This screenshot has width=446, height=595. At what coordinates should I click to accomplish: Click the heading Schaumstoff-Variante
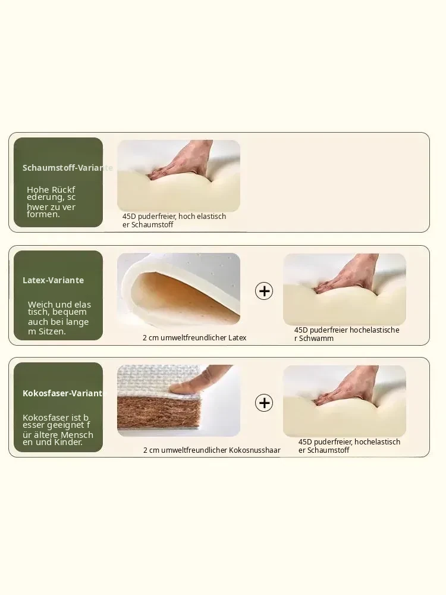point(68,168)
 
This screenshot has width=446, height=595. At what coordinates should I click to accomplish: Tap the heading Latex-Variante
point(53,280)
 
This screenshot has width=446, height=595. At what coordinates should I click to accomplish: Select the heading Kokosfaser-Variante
point(62,393)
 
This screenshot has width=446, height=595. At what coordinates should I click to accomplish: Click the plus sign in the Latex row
point(264,291)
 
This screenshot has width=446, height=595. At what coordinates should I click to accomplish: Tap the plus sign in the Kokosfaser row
point(264,403)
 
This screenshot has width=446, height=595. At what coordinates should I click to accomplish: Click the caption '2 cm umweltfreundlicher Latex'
point(194,338)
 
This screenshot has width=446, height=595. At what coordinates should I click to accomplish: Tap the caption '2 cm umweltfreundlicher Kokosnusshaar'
point(212,450)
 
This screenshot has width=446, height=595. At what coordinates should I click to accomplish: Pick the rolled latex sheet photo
point(178,289)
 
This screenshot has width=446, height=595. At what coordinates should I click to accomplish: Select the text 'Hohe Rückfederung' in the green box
point(51,193)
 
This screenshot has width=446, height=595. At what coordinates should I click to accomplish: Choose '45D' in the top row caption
point(129,217)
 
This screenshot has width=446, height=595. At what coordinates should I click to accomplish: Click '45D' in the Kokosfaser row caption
point(305,442)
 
